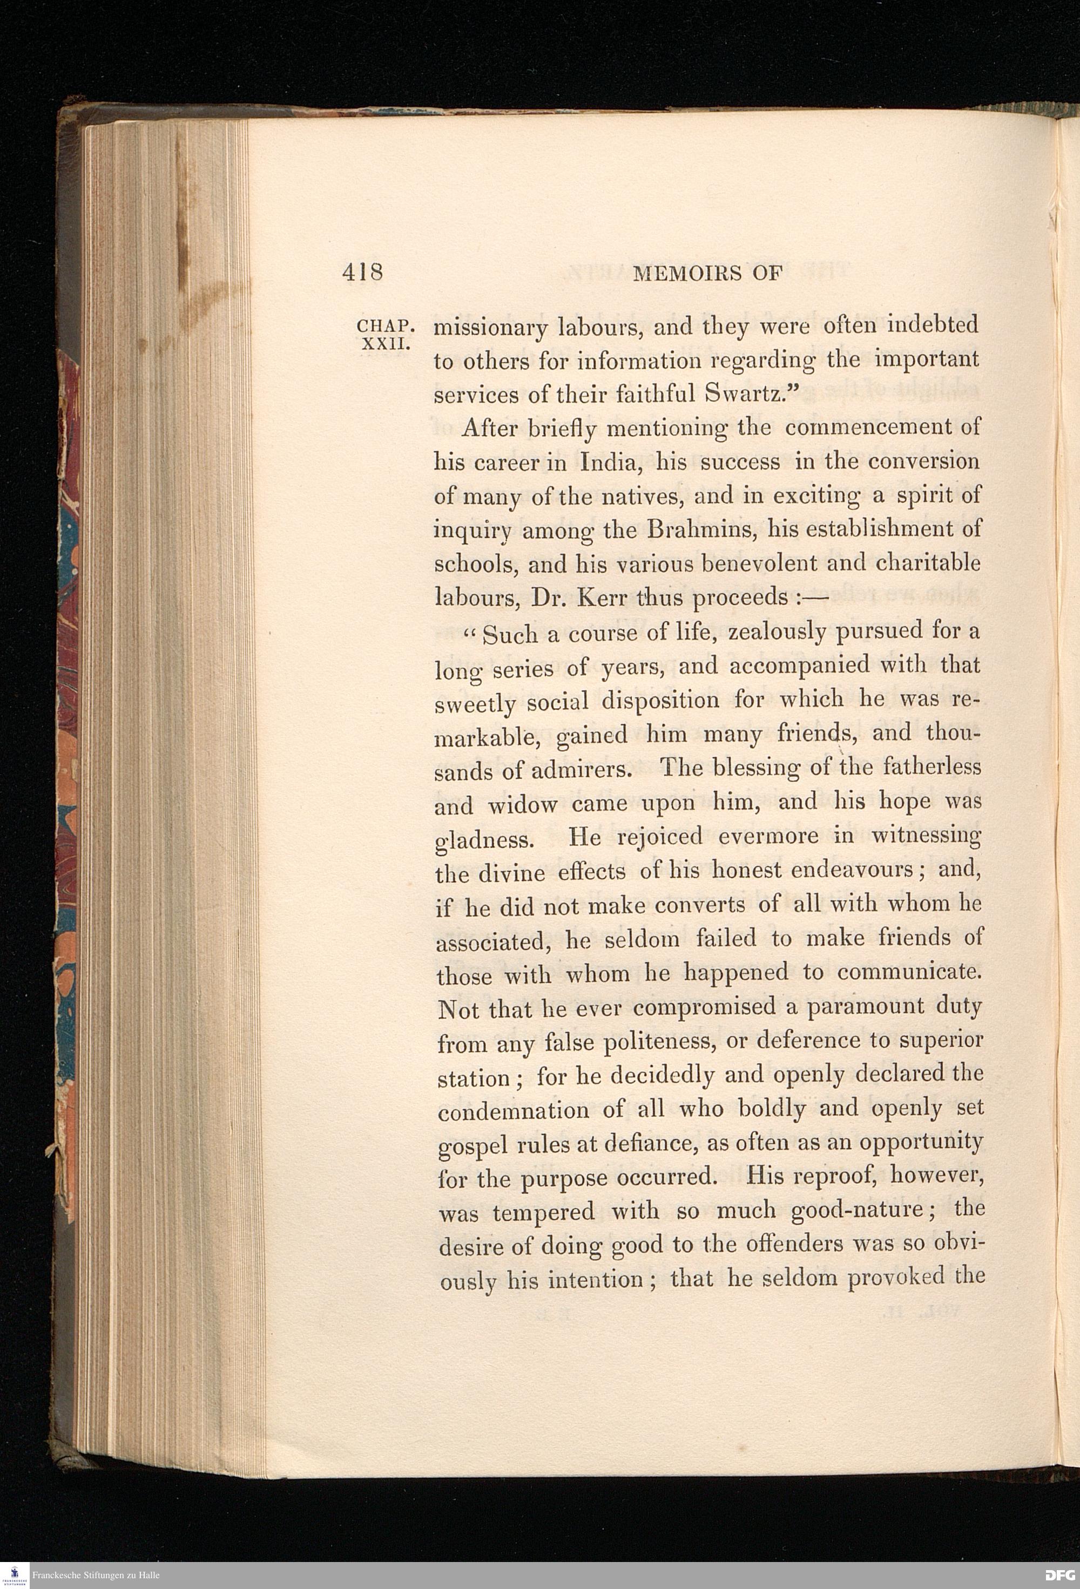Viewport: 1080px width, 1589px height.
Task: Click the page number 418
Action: click(362, 272)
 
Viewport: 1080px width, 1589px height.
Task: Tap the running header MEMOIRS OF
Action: click(707, 274)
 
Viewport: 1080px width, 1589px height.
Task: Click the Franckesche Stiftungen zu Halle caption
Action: click(96, 1576)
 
